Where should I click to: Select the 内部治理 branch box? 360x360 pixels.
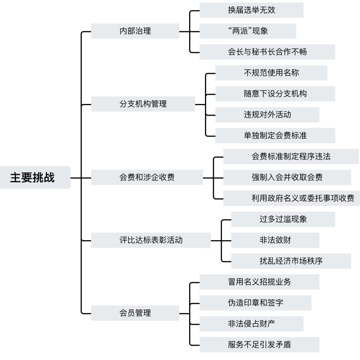point(135,31)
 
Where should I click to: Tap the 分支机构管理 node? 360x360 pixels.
point(143,104)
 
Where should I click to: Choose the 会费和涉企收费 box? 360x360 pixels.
point(147,177)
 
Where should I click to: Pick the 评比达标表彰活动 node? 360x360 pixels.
point(151,241)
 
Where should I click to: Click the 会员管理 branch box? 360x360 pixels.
point(135,313)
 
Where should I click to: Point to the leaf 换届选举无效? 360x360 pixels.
point(251,10)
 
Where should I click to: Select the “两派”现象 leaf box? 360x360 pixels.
point(248,31)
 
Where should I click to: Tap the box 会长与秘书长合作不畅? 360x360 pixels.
point(267,52)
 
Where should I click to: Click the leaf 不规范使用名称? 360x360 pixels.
point(271,73)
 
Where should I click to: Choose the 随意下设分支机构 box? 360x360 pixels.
point(275,94)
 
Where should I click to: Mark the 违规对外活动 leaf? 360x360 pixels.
point(267,115)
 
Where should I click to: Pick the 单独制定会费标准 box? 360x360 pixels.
point(275,136)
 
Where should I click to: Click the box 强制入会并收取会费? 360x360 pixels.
point(291,177)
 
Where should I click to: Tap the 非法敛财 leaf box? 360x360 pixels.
point(275,240)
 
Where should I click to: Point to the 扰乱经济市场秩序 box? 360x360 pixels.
point(283,261)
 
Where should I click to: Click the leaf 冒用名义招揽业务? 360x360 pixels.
point(259,282)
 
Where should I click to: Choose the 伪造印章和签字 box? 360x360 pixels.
point(255,303)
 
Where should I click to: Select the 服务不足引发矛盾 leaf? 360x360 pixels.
point(259,345)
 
